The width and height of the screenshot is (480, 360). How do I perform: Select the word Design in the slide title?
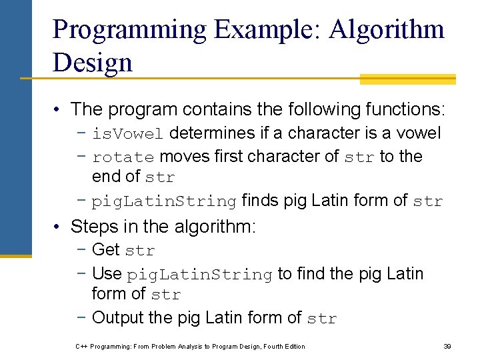pos(92,63)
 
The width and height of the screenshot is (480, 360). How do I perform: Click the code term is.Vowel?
pos(127,134)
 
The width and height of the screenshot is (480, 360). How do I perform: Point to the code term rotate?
pos(123,158)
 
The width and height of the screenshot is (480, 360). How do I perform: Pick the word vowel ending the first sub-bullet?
pos(419,133)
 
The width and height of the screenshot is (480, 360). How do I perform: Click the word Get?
pos(106,250)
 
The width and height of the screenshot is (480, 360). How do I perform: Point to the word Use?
pos(107,273)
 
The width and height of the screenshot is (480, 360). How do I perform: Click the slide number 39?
pos(447,346)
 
